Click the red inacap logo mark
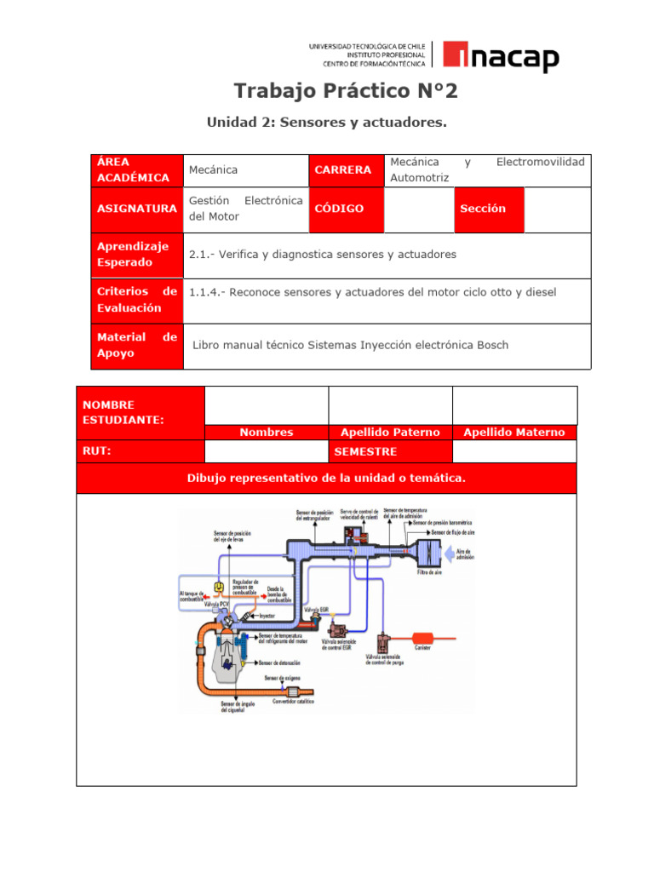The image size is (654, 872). click(x=451, y=57)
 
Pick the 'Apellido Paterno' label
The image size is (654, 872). click(x=390, y=433)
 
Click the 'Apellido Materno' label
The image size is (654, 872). click(x=513, y=433)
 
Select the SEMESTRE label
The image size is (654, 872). click(x=365, y=451)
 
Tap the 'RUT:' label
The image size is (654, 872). click(x=95, y=451)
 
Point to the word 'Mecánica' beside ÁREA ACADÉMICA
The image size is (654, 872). click(x=213, y=170)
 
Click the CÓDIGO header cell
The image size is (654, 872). click(x=339, y=209)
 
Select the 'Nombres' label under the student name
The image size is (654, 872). click(x=266, y=433)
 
